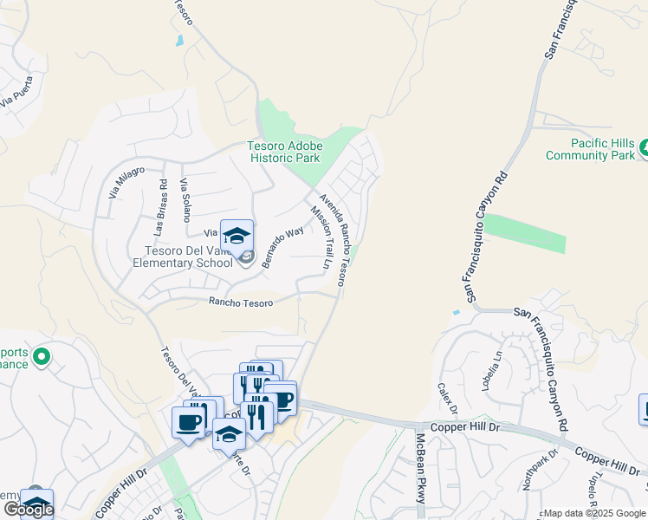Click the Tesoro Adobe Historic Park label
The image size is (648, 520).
pos(283,152)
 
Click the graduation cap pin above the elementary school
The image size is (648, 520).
pos(236,235)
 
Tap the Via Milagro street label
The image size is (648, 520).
pos(126,183)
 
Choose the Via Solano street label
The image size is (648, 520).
pos(184,200)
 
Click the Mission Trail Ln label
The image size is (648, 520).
pos(321,237)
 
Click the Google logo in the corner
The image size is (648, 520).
pos(29,510)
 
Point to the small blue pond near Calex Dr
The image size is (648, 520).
pos(457,312)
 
